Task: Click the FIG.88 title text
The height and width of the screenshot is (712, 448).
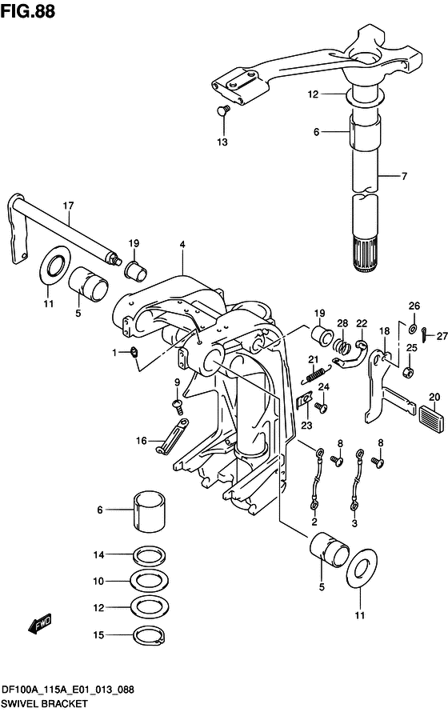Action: [x=28, y=11]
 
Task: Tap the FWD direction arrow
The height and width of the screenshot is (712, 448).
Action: [x=40, y=623]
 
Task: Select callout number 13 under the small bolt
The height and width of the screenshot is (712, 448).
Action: [x=222, y=142]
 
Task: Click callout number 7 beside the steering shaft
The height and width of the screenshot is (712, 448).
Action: [x=405, y=175]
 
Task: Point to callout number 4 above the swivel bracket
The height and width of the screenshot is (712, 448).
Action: [x=182, y=245]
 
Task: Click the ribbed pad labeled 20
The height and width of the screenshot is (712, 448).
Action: [x=434, y=414]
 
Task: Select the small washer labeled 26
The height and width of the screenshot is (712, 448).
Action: [x=414, y=328]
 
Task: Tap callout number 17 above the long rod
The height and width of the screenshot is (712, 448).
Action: [x=68, y=206]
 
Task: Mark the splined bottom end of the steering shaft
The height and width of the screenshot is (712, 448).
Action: [x=366, y=256]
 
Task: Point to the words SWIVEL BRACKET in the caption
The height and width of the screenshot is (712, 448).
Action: [x=45, y=703]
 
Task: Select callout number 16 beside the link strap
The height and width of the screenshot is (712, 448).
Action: [x=141, y=441]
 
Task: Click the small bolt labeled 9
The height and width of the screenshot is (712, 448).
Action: [x=178, y=406]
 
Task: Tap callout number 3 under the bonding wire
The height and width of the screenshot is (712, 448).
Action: [x=354, y=523]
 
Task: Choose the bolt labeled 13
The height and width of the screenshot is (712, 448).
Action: [x=223, y=110]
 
